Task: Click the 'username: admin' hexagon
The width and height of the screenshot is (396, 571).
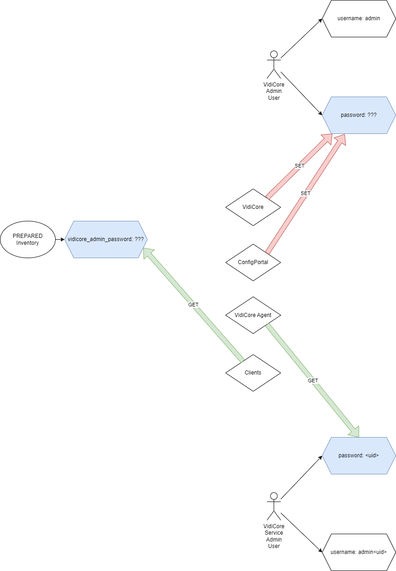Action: click(x=359, y=19)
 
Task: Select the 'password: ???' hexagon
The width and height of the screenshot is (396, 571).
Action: click(x=359, y=115)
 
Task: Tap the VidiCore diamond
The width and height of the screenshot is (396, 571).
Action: click(x=253, y=207)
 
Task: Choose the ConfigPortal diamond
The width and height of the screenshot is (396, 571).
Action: click(x=253, y=262)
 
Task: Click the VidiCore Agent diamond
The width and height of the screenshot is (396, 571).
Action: click(x=253, y=315)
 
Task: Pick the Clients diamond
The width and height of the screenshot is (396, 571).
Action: click(x=253, y=373)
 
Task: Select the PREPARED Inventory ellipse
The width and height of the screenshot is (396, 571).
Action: click(x=28, y=239)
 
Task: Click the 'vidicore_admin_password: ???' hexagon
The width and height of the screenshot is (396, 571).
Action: click(x=106, y=239)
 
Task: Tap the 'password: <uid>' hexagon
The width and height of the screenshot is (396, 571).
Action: click(x=359, y=456)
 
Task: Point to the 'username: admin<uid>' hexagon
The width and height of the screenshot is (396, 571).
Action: click(x=359, y=552)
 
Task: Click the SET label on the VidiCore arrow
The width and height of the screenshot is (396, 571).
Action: click(x=299, y=166)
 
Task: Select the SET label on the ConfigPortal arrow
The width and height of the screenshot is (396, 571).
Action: click(x=305, y=194)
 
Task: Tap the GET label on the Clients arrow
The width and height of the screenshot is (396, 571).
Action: click(x=193, y=305)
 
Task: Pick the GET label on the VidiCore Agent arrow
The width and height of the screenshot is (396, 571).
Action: click(x=313, y=381)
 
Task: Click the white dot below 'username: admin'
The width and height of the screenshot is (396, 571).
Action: click(x=274, y=54)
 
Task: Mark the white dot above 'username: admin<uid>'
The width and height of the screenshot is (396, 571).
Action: click(x=274, y=496)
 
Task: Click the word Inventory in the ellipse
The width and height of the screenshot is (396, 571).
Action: click(x=28, y=243)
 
